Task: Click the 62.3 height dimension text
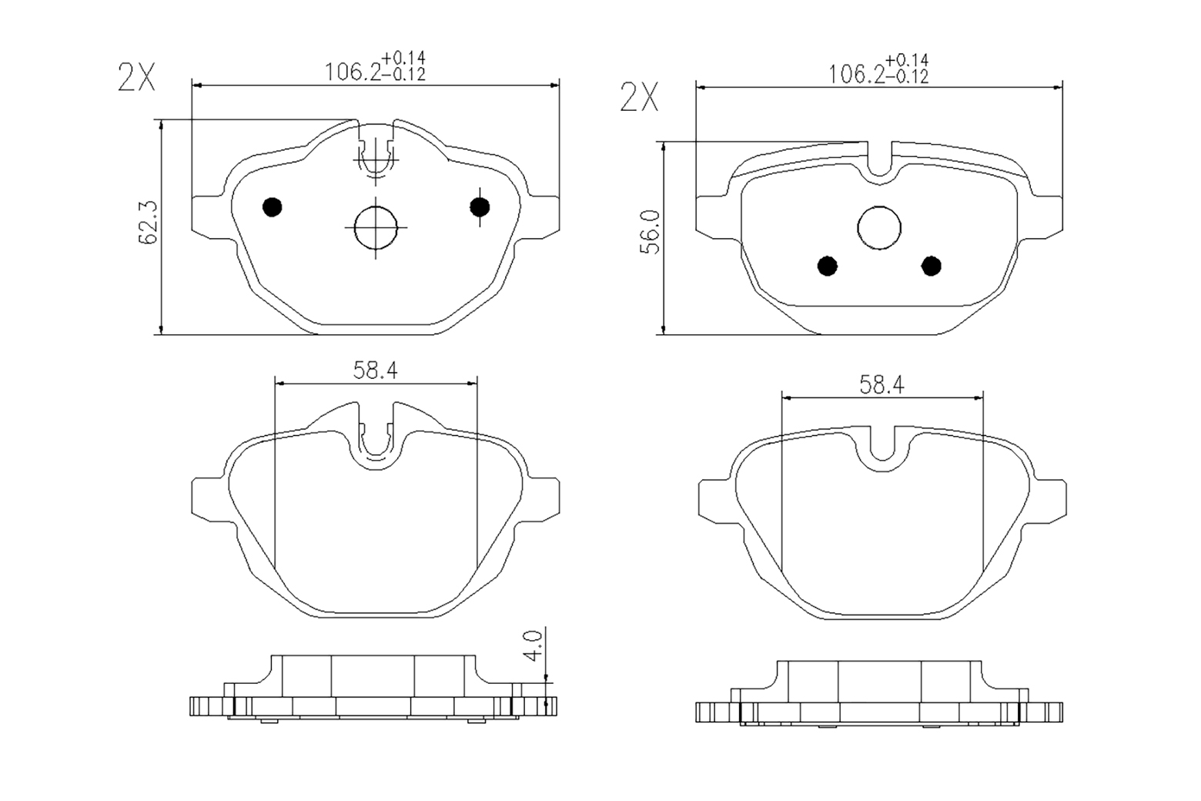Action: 148,223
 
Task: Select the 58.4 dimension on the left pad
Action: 375,370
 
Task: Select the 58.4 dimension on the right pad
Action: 882,385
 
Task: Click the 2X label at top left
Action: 136,78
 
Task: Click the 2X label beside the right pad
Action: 639,98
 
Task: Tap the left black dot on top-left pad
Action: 273,206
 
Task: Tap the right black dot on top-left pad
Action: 480,206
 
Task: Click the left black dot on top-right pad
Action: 828,266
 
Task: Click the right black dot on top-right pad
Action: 932,266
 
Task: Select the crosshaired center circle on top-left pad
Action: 375,226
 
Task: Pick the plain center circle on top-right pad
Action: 879,228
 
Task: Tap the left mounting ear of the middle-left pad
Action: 208,498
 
